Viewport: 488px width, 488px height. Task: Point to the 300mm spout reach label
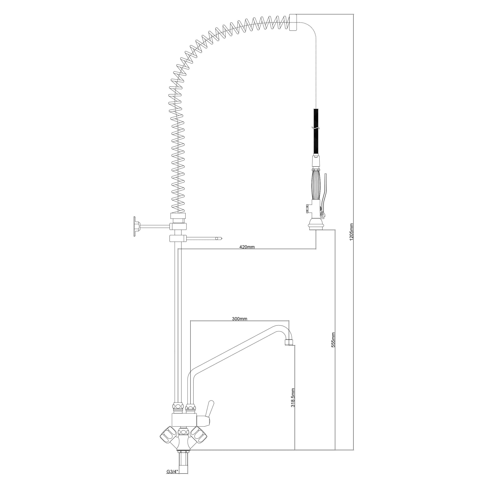(x=240, y=319)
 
